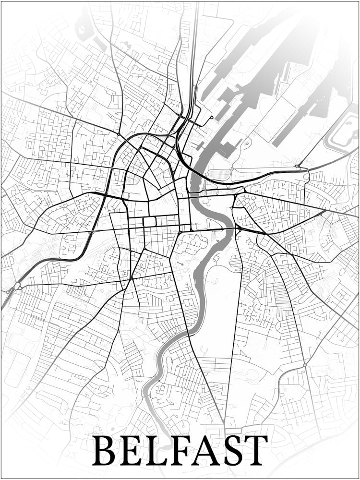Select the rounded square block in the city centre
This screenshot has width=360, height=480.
(x=149, y=221)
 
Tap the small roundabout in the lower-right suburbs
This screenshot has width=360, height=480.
(x=304, y=365)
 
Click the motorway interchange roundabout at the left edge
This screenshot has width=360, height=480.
(x=17, y=287)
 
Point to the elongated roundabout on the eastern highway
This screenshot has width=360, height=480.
(x=301, y=167)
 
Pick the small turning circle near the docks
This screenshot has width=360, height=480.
(x=212, y=118)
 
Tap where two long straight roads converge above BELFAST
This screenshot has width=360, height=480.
(x=225, y=422)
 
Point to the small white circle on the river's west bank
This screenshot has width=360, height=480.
(x=195, y=224)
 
